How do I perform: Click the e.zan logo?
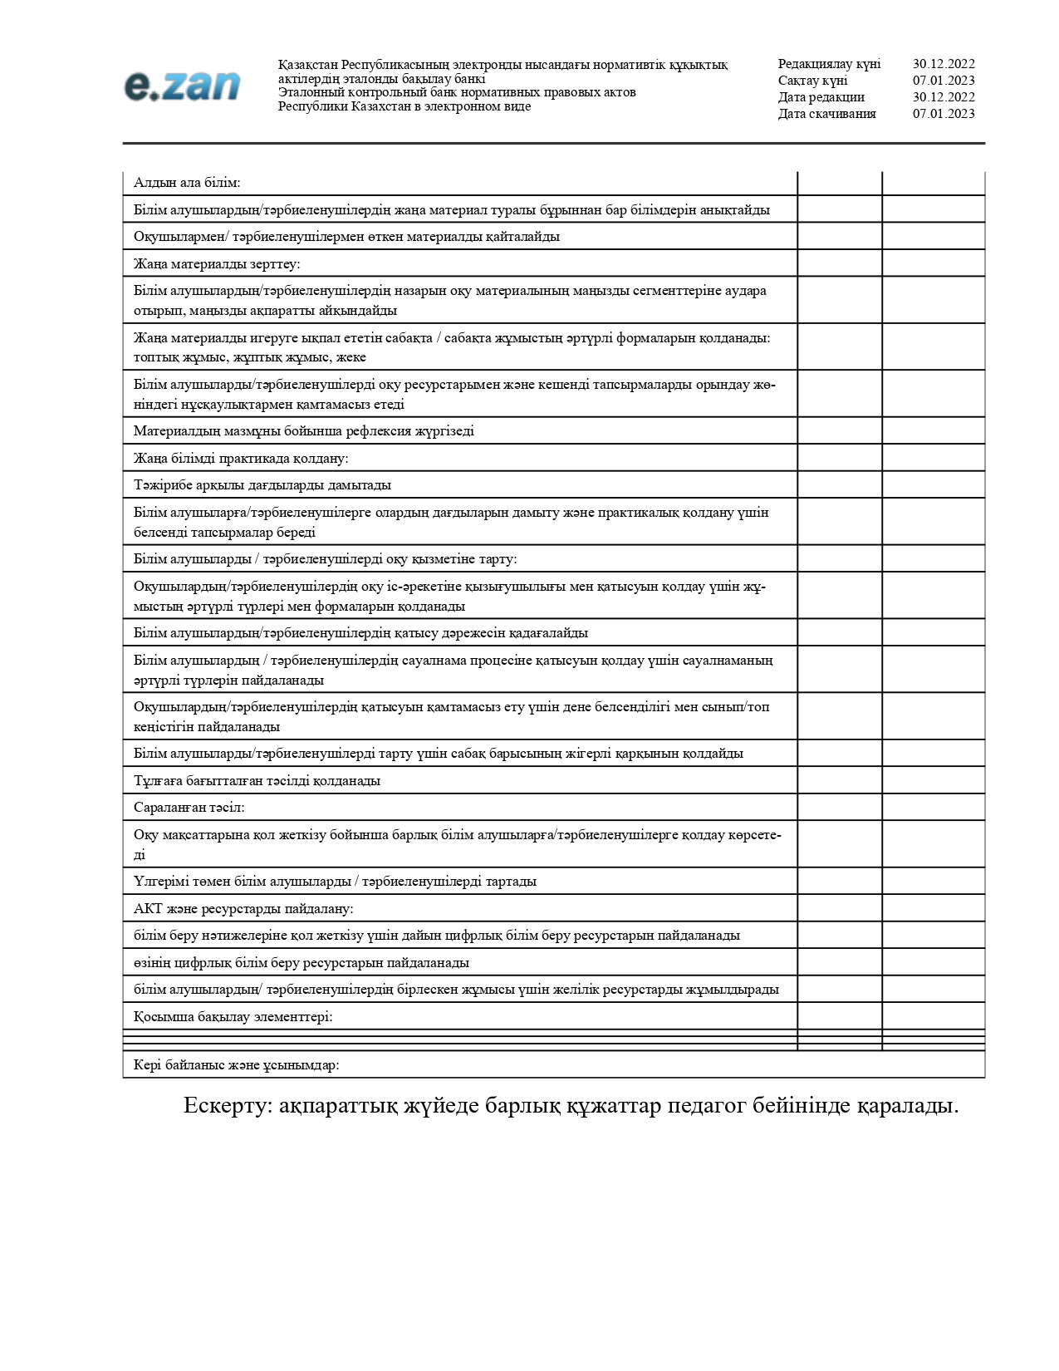point(183,86)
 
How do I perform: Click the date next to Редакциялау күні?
point(944,64)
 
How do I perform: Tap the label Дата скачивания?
point(826,114)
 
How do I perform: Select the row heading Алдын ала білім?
point(187,183)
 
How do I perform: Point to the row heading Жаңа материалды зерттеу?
point(217,263)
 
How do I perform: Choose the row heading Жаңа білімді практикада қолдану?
point(241,458)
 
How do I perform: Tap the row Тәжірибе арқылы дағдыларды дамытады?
point(262,484)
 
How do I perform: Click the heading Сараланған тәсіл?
point(189,807)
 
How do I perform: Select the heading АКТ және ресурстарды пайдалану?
point(243,908)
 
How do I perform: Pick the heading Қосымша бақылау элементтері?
point(233,1016)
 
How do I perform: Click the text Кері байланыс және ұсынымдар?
point(237,1064)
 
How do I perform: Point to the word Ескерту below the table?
point(227,1106)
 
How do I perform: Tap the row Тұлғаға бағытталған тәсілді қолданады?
point(257,780)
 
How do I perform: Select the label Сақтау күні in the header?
point(812,81)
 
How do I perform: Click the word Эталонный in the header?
point(308,92)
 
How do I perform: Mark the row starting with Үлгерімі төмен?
point(335,881)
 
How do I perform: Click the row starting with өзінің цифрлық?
point(302,962)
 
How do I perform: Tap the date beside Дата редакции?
point(944,97)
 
